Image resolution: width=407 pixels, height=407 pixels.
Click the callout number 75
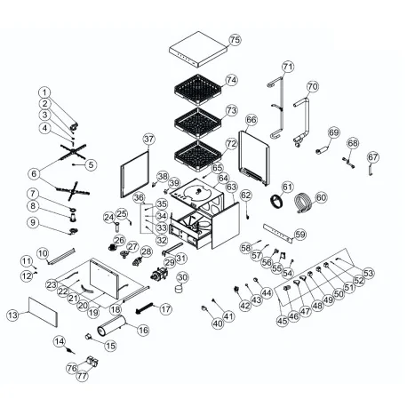(x=235, y=40)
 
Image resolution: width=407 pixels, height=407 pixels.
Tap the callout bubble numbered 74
(x=231, y=80)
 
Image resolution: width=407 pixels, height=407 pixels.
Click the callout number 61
(x=286, y=187)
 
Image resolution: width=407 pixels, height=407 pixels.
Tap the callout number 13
(x=12, y=315)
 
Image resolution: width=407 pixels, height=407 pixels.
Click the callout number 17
(x=165, y=309)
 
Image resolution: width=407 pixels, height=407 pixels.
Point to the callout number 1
(x=44, y=92)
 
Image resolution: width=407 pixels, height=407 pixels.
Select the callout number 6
(x=34, y=173)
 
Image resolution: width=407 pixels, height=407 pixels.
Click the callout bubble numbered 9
(x=33, y=222)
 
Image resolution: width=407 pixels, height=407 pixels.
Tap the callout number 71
(x=287, y=67)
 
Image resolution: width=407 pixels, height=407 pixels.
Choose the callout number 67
(x=373, y=157)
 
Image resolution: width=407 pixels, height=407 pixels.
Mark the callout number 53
(x=369, y=273)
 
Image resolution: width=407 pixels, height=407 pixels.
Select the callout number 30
(x=183, y=276)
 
